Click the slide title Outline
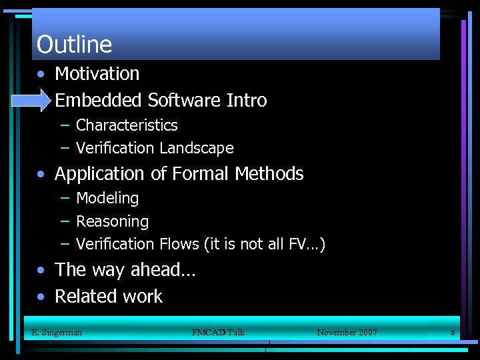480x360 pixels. pos(74,45)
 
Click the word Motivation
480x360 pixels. pos(97,73)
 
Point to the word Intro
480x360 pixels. pos(247,101)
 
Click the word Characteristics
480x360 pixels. pos(127,125)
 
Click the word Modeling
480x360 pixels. pos(107,199)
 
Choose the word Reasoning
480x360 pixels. pos(112,221)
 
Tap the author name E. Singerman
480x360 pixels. pos(57,332)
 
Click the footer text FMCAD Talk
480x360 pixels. pos(218,332)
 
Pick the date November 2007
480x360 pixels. pos(347,332)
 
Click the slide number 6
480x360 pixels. pos(453,332)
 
